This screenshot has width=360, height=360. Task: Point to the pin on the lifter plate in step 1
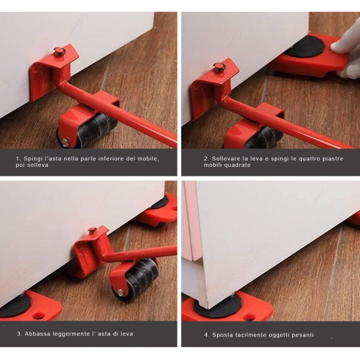tap(58, 51)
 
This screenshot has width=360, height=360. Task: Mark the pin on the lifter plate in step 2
tap(219, 67)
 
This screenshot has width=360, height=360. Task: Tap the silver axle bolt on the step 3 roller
tap(120, 292)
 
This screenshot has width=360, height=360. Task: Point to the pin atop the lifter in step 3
tap(92, 230)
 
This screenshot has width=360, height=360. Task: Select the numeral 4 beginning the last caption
tap(206, 335)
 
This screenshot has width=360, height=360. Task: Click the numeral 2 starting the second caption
tap(206, 159)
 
